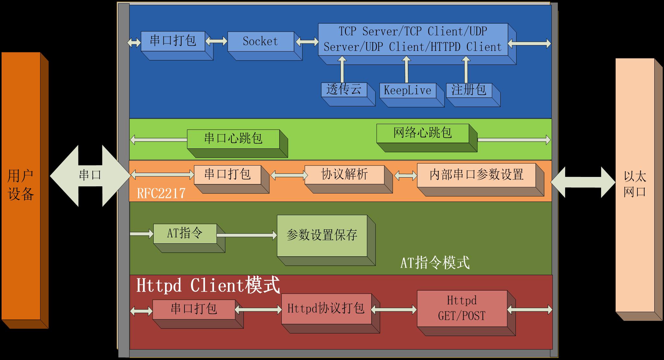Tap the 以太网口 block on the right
(x=635, y=185)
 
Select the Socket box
(x=261, y=41)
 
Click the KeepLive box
(x=408, y=90)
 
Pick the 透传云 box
(x=344, y=89)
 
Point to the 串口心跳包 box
(x=233, y=139)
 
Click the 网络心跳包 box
(x=422, y=133)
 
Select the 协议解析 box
(x=344, y=174)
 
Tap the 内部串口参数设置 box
(x=476, y=175)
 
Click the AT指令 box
(x=185, y=233)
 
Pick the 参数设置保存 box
(x=322, y=235)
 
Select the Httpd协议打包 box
(x=326, y=308)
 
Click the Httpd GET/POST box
(x=462, y=308)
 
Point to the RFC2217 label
(x=161, y=193)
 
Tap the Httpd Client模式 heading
(x=208, y=285)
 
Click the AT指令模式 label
(x=435, y=262)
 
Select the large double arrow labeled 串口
(x=90, y=175)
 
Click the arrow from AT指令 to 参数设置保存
(x=246, y=235)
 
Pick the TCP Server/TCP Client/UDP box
(x=413, y=39)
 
